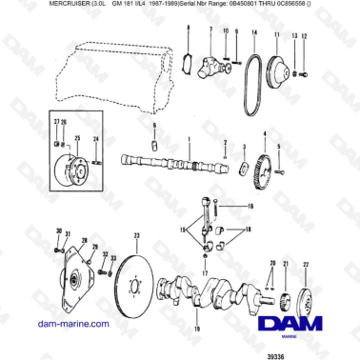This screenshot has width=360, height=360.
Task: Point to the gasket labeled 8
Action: click(188, 62)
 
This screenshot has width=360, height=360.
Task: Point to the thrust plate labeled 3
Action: click(244, 170)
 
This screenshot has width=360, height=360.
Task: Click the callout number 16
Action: click(252, 206)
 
